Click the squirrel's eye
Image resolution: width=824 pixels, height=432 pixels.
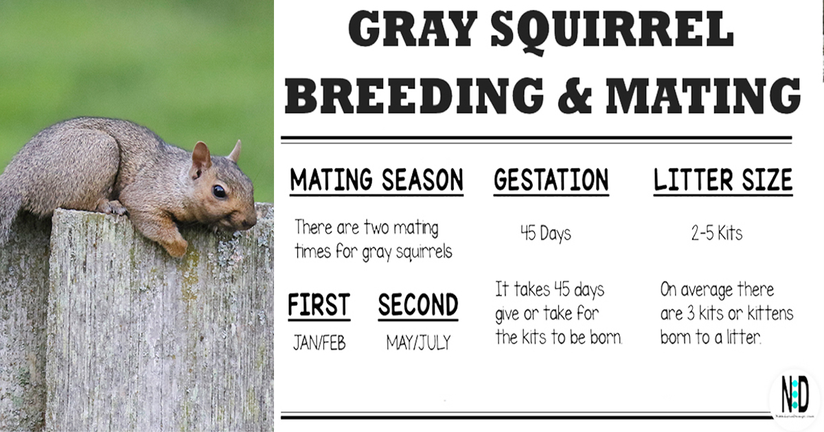[219, 191]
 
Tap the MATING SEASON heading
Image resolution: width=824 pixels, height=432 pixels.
[376, 180]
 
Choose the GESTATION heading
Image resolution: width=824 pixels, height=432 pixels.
[551, 180]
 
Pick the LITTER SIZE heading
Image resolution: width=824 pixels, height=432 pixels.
[722, 180]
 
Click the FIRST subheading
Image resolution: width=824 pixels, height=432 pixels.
[319, 305]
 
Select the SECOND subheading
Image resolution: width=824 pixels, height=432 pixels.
[417, 305]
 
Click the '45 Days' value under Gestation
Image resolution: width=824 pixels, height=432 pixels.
[545, 234]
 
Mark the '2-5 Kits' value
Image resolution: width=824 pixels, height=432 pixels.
[716, 234]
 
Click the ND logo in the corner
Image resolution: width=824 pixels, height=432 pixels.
[794, 396]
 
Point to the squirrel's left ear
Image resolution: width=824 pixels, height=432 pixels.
[201, 157]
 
